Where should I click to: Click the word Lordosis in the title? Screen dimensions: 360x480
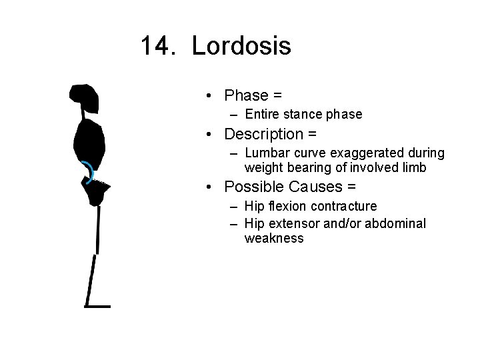pyautogui.click(x=241, y=47)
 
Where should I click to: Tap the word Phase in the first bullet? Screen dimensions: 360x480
pyautogui.click(x=246, y=95)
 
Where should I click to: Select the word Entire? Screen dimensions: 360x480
pyautogui.click(x=263, y=114)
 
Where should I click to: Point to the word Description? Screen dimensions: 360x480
pyautogui.click(x=264, y=134)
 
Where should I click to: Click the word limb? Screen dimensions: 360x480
pyautogui.click(x=413, y=168)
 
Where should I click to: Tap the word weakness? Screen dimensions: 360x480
pyautogui.click(x=274, y=239)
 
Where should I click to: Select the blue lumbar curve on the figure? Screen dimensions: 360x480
pyautogui.click(x=88, y=171)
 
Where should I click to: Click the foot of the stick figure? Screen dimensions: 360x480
pyautogui.click(x=97, y=306)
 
